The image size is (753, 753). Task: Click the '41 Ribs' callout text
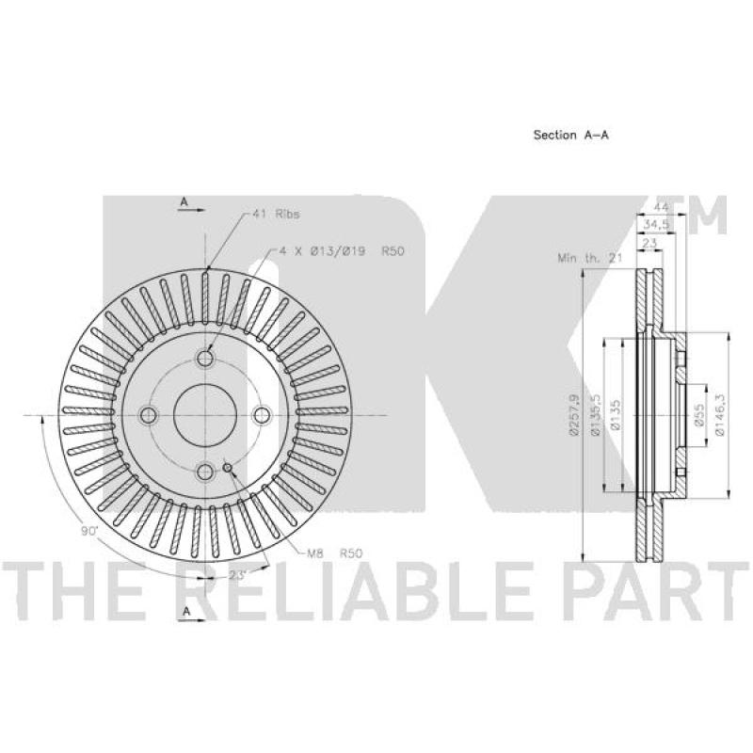pos(275,215)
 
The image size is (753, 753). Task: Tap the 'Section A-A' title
pos(570,135)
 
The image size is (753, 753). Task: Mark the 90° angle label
pos(88,532)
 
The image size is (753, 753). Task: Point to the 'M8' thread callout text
pos(314,553)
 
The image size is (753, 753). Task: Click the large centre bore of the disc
pos(203,415)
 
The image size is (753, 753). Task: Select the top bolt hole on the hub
pos(205,359)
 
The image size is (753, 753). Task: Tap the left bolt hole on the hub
pos(148,415)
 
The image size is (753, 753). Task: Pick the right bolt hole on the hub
pos(262,415)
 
